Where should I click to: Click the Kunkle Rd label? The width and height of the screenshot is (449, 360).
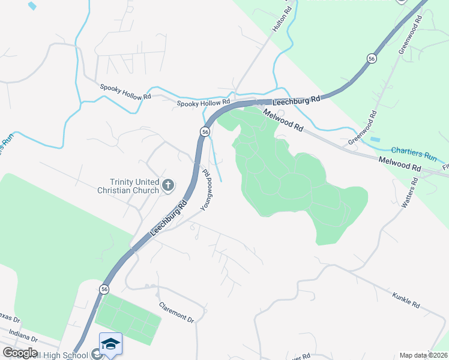pyautogui.click(x=406, y=299)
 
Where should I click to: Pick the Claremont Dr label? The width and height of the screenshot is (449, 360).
pyautogui.click(x=176, y=311)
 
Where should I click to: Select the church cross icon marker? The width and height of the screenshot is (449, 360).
pyautogui.click(x=168, y=186)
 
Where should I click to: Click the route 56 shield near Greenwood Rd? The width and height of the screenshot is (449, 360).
pyautogui.click(x=372, y=58)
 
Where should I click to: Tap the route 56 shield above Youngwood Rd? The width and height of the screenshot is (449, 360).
pyautogui.click(x=205, y=131)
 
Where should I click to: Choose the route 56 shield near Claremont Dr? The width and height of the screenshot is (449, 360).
pyautogui.click(x=104, y=289)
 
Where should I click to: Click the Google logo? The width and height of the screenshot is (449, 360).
pyautogui.click(x=19, y=353)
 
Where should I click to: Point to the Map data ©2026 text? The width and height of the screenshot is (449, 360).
pyautogui.click(x=424, y=355)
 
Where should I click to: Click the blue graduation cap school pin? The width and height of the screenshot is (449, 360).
pyautogui.click(x=110, y=344)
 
